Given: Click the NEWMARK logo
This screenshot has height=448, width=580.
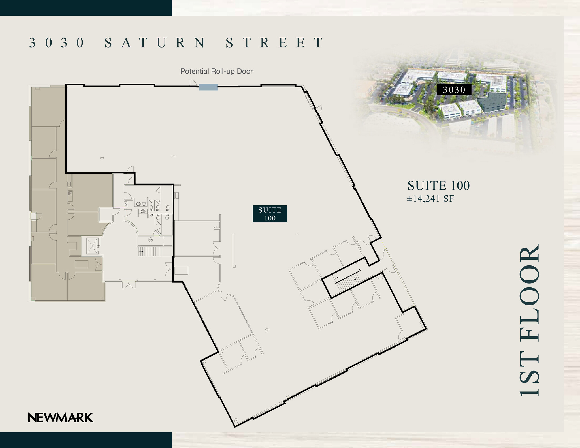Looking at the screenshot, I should click(x=61, y=417).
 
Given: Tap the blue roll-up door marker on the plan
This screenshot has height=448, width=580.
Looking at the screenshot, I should click(x=208, y=87).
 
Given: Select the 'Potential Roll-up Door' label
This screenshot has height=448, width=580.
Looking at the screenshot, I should click(x=216, y=71).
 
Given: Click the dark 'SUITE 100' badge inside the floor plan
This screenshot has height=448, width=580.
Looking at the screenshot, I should click(x=270, y=214).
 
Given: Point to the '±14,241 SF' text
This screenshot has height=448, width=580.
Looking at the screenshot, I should click(x=430, y=199).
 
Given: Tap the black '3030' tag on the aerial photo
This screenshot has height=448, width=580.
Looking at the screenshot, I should click(x=454, y=90).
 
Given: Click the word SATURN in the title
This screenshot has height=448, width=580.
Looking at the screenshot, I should click(x=155, y=43).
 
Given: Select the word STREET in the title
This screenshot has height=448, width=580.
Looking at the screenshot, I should click(x=274, y=43).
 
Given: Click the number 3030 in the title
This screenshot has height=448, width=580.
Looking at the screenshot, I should click(x=57, y=43).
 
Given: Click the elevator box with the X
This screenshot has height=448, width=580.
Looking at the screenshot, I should click(x=92, y=246).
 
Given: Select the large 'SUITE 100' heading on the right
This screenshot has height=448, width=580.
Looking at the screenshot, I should click(x=438, y=186).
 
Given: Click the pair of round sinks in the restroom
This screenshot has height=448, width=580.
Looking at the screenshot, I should click(x=141, y=204).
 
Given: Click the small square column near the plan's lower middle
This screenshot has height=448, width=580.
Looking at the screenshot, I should click(x=266, y=329).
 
